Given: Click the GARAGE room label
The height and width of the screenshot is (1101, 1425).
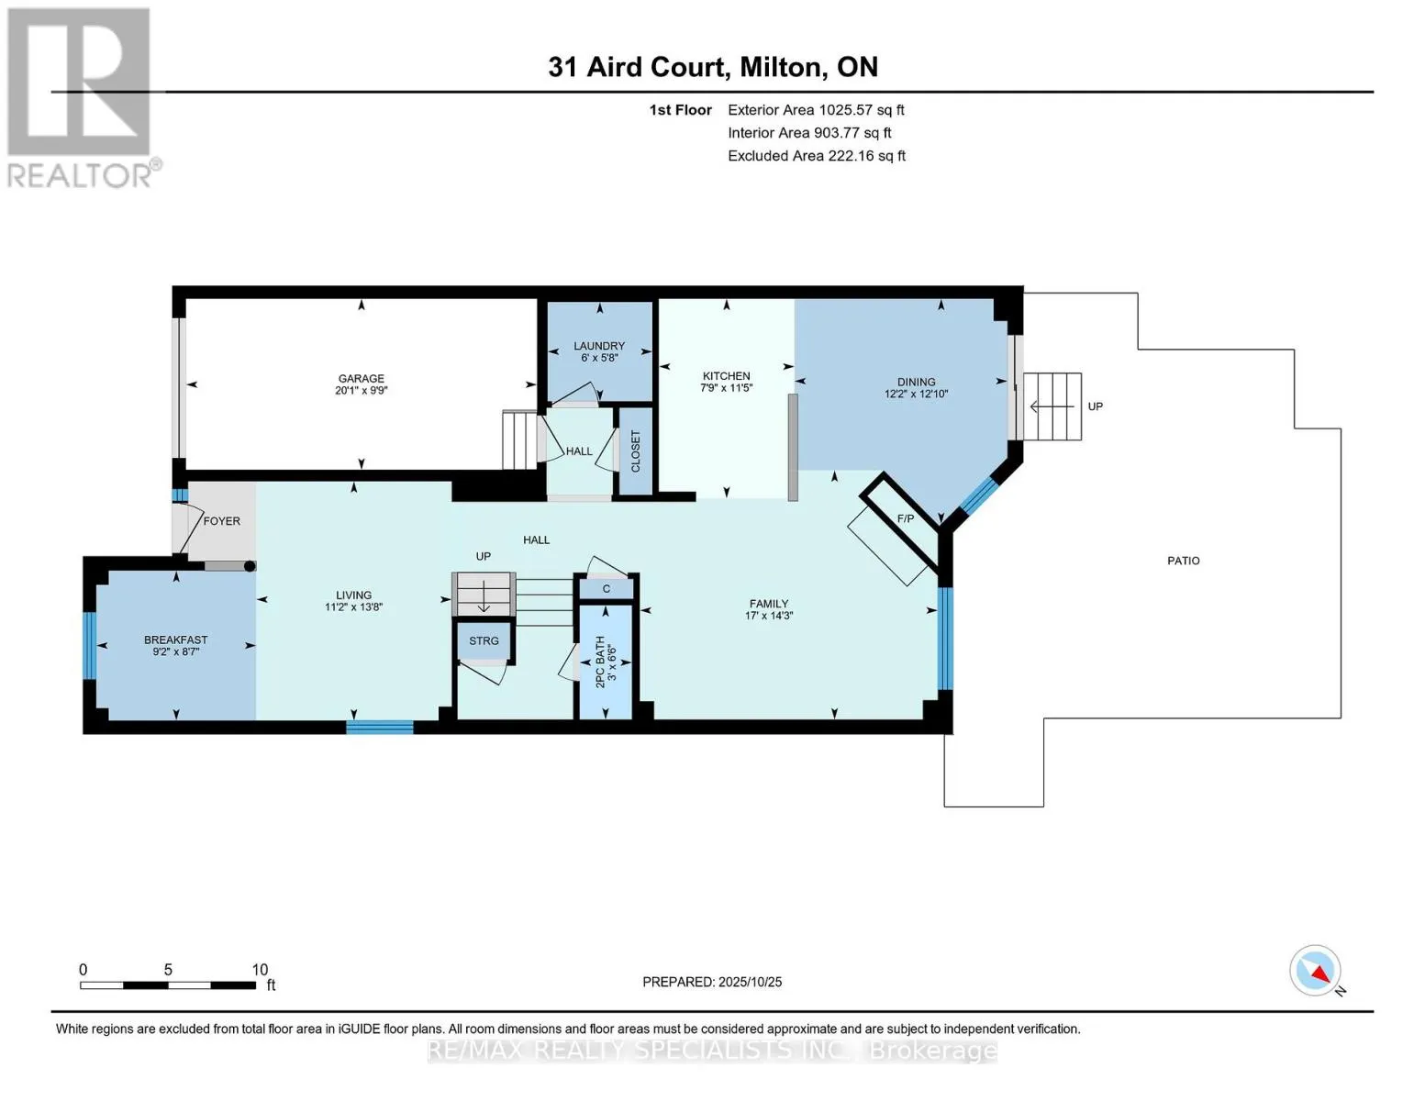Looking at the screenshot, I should tap(361, 378).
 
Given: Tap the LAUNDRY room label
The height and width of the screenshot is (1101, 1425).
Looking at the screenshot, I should tap(599, 346).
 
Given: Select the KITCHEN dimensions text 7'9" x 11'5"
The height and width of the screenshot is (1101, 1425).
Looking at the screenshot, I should tap(726, 388).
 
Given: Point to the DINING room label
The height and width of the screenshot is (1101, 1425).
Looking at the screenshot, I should tap(916, 382).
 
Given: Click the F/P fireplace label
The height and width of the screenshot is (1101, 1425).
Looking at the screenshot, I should tap(905, 519).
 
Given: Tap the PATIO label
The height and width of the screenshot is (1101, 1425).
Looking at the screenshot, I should tap(1183, 561).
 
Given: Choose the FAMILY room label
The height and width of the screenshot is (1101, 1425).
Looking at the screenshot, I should tap(768, 604).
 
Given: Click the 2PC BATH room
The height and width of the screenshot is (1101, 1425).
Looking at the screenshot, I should tap(605, 661).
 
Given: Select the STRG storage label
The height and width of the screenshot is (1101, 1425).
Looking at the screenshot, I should tap(484, 640).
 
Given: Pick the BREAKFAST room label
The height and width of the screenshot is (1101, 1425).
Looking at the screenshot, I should tap(175, 639).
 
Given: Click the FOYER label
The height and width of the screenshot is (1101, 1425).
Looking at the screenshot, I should tap(221, 521).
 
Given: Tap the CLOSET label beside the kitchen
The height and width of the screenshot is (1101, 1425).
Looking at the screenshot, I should tap(635, 451).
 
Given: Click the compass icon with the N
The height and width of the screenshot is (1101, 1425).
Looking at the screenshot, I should tap(1316, 971).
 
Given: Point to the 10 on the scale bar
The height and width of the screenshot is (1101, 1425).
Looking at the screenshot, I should tap(260, 970).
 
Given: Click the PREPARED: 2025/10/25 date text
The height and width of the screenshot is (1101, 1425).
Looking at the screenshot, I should tap(712, 982).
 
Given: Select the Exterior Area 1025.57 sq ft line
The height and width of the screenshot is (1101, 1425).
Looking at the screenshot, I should tap(816, 110).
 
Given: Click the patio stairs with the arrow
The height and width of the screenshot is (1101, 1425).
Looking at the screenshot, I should tap(1052, 406).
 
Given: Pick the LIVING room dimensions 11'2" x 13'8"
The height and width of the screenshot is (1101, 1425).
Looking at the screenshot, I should tap(353, 607).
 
